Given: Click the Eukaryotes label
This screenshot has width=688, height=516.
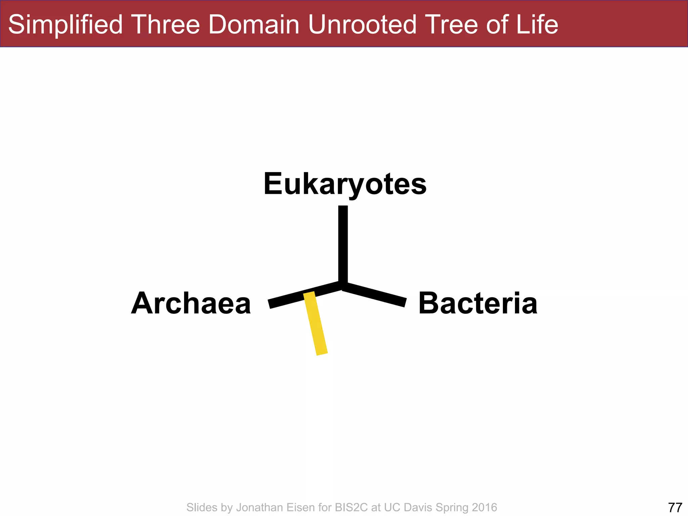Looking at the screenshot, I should click(345, 184).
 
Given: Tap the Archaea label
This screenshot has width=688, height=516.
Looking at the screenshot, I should click(191, 303).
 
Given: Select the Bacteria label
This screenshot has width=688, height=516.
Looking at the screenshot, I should click(478, 303).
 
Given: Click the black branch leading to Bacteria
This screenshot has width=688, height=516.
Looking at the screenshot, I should click(375, 295).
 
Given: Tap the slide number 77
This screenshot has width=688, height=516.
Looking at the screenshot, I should click(675, 507).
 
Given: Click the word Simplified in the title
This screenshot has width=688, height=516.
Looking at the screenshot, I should click(66, 25).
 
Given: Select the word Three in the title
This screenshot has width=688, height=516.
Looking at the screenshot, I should click(166, 25).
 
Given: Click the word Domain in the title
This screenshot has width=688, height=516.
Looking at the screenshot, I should click(254, 25).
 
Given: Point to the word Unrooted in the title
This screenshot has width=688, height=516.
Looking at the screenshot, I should click(363, 25).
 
